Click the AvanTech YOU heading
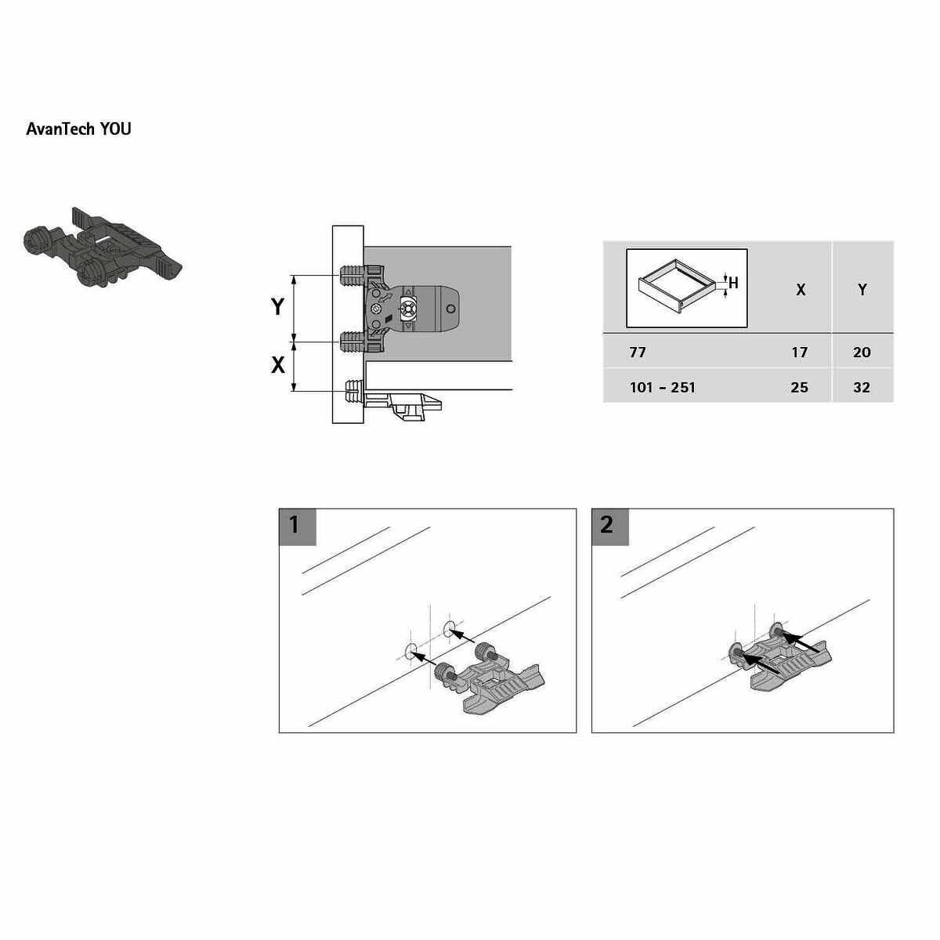(x=78, y=128)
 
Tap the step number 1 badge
(x=297, y=527)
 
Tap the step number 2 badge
(x=609, y=527)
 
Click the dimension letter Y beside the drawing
(x=277, y=307)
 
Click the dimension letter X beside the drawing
(x=277, y=365)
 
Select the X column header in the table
(x=801, y=291)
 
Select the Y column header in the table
(x=862, y=290)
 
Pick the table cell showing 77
(x=638, y=352)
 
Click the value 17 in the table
(x=800, y=352)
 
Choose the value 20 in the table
(x=862, y=352)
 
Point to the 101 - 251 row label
(x=663, y=387)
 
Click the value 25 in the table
(x=800, y=387)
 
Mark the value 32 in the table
(x=862, y=387)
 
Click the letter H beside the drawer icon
(x=733, y=283)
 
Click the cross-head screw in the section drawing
(x=408, y=309)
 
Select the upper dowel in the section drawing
(x=352, y=275)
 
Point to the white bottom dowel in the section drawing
(x=354, y=391)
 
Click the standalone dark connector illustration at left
(x=103, y=248)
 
